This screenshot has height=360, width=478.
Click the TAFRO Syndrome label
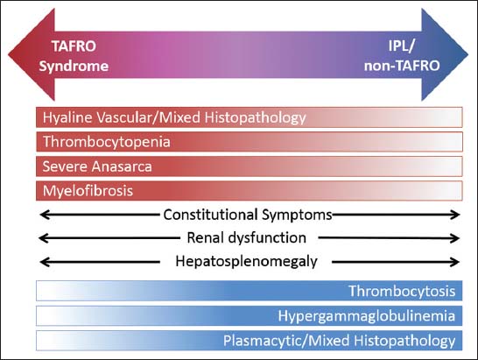coord(74,56)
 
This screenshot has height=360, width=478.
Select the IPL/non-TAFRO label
coord(402,56)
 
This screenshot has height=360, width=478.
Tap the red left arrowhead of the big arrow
coord(32,54)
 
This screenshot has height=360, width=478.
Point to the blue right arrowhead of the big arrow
coord(445,54)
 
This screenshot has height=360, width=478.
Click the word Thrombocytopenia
coord(107,142)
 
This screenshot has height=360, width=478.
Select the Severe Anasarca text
coord(97,166)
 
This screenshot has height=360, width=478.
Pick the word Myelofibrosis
coord(88,191)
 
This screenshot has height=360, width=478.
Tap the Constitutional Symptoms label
coord(248,215)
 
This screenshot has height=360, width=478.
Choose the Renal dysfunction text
coord(246,237)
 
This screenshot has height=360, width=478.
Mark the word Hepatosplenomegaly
coord(246,262)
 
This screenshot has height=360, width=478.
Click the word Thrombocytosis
coord(402,291)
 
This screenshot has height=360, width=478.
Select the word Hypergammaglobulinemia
coord(367,316)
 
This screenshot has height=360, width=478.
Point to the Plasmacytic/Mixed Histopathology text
coord(340,341)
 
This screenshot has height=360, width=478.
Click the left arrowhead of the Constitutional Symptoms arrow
coord(45,215)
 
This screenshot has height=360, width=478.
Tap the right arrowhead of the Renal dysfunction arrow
coord(455,238)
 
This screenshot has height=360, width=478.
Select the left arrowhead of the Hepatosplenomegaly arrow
coord(45,262)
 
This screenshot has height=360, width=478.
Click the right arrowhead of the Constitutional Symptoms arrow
coord(455,215)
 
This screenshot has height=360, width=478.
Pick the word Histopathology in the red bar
coord(255,118)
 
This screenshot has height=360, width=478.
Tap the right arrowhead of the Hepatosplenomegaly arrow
coord(455,262)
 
